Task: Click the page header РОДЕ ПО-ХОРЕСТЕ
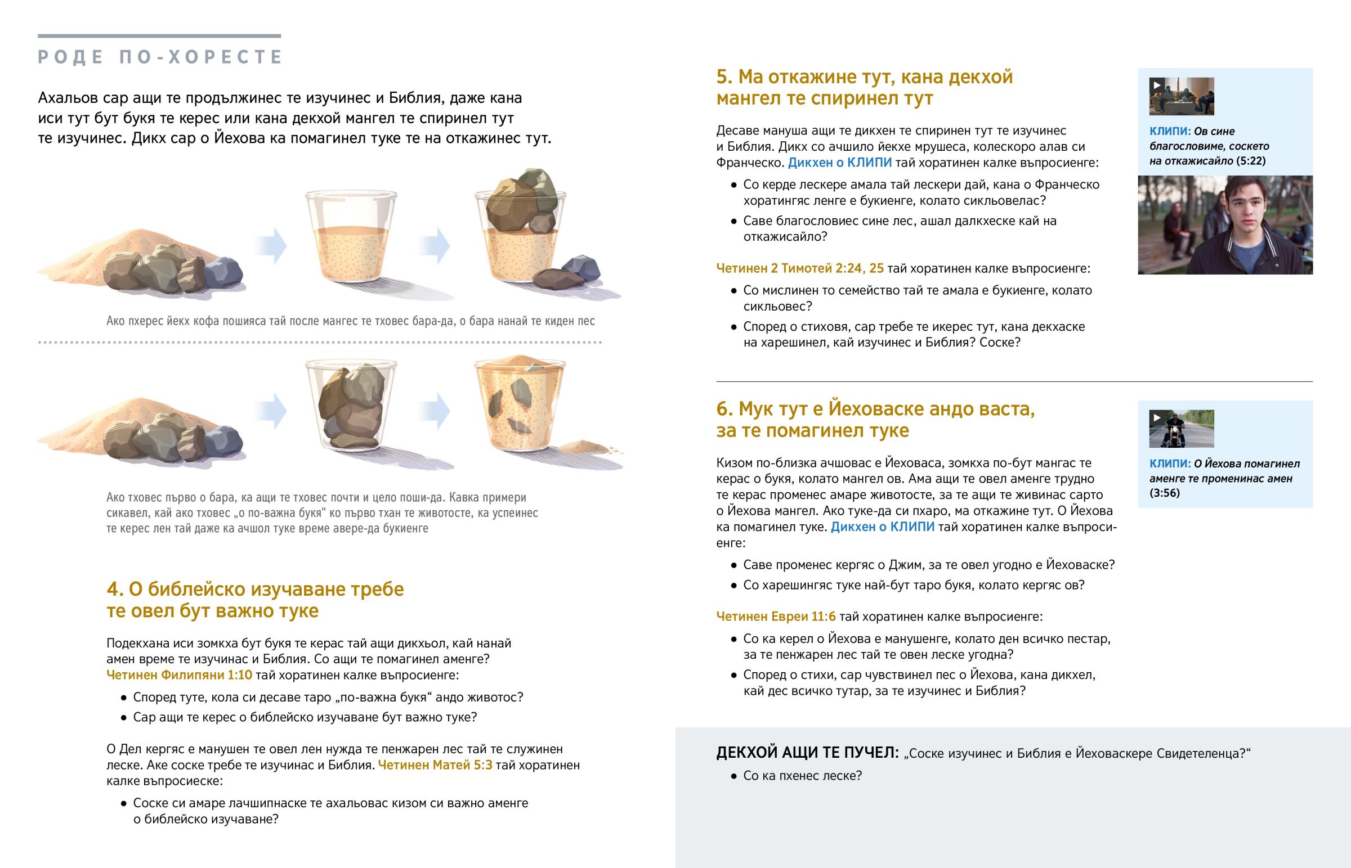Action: tap(160, 57)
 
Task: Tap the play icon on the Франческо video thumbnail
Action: tap(1156, 85)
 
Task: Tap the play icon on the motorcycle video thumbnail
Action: tap(1156, 417)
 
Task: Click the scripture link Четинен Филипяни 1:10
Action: tap(180, 674)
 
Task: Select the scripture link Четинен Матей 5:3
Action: tap(435, 765)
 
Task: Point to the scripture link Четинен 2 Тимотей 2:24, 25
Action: tap(800, 268)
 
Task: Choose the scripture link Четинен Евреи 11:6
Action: tap(776, 617)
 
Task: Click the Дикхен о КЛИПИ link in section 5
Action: tap(839, 163)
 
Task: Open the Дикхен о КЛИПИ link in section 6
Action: tap(883, 527)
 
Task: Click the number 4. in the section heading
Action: tap(115, 589)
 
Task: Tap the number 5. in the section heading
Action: tap(724, 77)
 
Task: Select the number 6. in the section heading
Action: tap(724, 408)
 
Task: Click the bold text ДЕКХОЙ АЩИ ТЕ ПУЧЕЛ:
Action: tap(807, 753)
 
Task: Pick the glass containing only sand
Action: tap(351, 237)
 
